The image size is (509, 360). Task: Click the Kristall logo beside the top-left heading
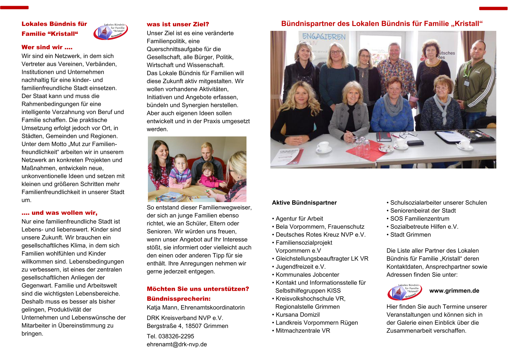coord(110,31)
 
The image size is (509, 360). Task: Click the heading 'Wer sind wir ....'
coord(47,47)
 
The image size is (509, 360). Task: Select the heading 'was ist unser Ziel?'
coord(178,24)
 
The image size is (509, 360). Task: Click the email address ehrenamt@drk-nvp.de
coord(177,344)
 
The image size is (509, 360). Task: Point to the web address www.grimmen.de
coord(454,291)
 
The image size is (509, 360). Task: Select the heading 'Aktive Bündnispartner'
coord(304,203)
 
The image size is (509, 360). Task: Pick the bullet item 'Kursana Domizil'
coord(297,315)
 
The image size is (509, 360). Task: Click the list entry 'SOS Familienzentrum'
coord(419,218)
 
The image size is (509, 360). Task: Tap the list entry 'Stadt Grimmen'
coord(410,234)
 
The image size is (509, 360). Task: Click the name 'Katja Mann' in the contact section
coord(162,307)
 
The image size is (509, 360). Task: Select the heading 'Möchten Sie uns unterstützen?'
coord(198,289)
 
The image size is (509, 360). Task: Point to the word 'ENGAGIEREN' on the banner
coord(324,37)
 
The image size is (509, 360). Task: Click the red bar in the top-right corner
coord(493,8)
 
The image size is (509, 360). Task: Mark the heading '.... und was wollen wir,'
coord(59,213)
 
